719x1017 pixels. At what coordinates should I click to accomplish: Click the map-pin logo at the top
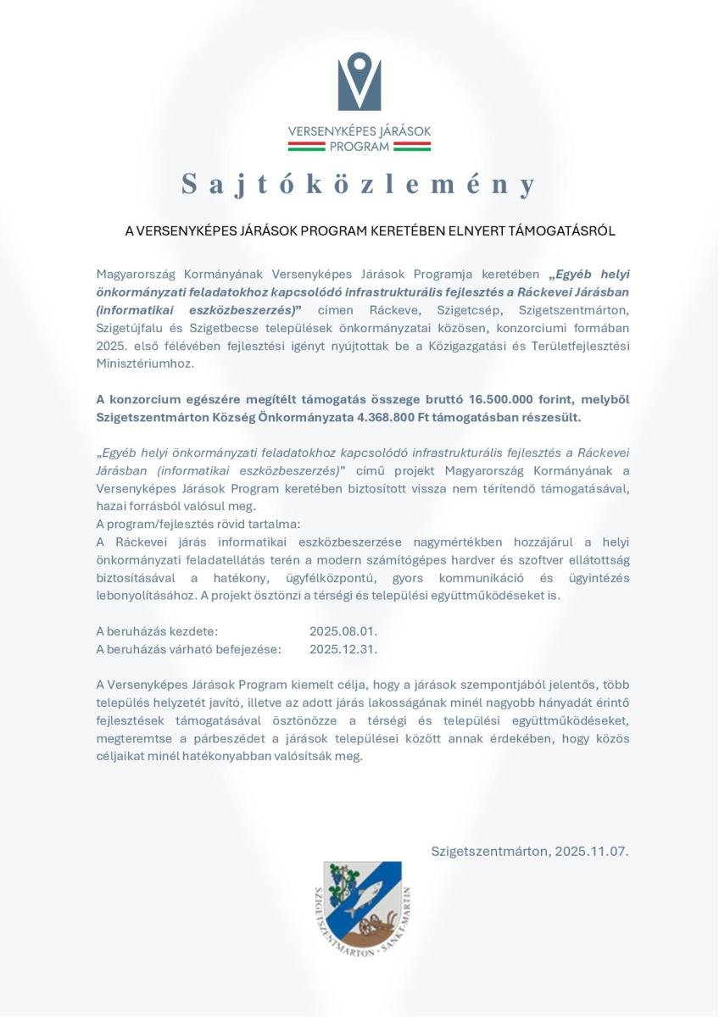(359, 82)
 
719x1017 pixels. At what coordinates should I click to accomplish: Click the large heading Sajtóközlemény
(359, 185)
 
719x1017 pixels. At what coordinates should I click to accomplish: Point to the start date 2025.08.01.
(343, 631)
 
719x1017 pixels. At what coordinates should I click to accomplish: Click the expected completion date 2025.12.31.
(343, 649)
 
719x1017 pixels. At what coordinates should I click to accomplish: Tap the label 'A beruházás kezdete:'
(157, 631)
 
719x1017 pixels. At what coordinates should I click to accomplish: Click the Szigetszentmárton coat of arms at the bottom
(361, 908)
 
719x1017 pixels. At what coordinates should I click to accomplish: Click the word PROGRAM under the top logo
(359, 146)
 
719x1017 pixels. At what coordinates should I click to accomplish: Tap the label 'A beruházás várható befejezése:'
(188, 649)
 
